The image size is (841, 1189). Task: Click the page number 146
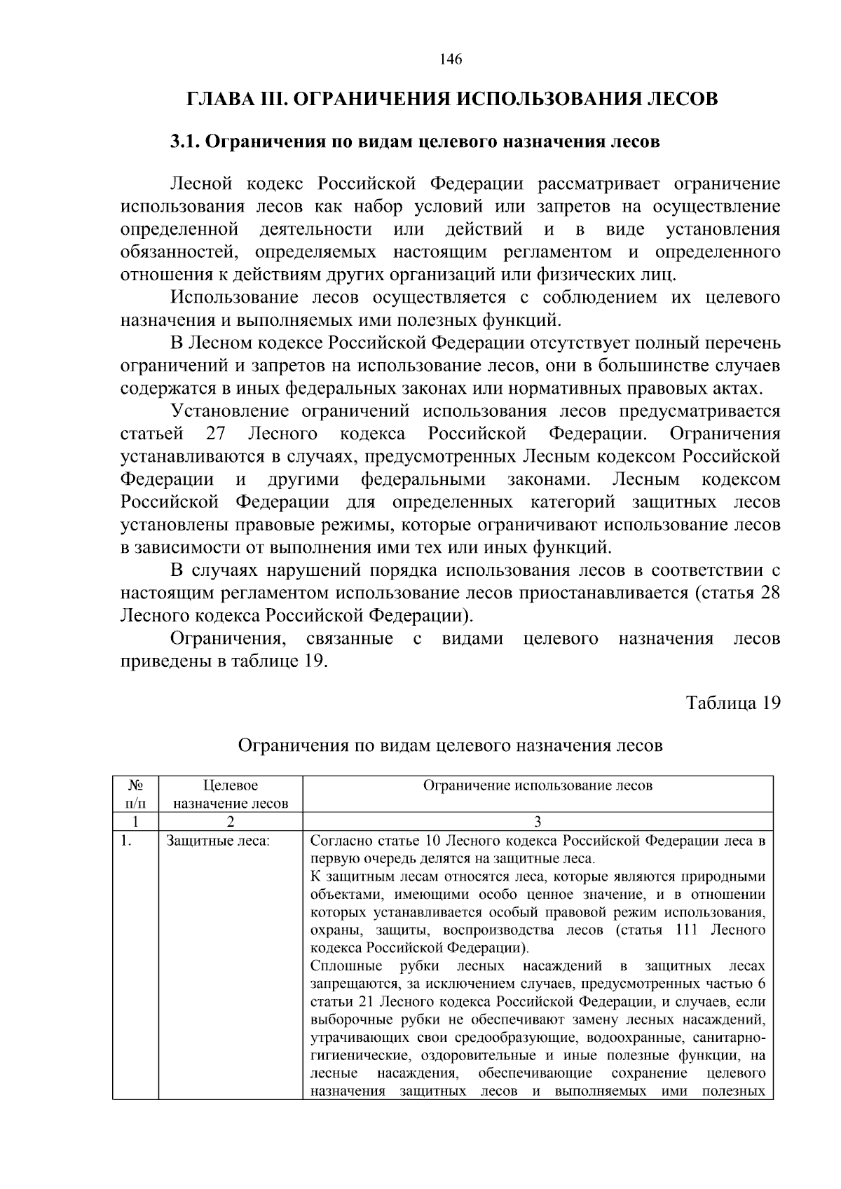[451, 60]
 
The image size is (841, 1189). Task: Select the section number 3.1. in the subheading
[186, 142]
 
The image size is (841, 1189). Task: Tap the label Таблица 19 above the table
[732, 703]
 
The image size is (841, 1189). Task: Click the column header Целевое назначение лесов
[231, 795]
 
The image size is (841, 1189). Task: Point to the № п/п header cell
[135, 795]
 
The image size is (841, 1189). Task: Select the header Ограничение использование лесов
[538, 785]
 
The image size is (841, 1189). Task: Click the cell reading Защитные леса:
[217, 841]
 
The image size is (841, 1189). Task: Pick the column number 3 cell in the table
[538, 822]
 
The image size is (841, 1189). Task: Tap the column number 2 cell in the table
[231, 822]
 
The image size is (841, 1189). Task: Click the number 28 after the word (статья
[770, 593]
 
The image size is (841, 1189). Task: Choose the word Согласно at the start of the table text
[341, 841]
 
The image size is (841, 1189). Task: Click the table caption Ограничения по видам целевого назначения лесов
[450, 745]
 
